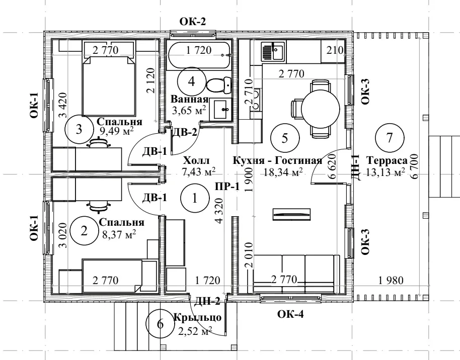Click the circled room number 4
tap(191, 81)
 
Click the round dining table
tap(321, 109)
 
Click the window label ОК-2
tap(193, 22)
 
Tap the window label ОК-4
tap(290, 314)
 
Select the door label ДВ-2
tap(185, 133)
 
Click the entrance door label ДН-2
tap(207, 301)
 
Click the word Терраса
tap(387, 161)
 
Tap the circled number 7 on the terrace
tap(390, 137)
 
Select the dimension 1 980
tap(391, 281)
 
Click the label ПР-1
tap(227, 187)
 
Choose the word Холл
tap(196, 161)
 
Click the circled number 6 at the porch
tap(160, 324)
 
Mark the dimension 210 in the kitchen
tap(335, 50)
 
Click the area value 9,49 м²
tap(117, 131)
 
